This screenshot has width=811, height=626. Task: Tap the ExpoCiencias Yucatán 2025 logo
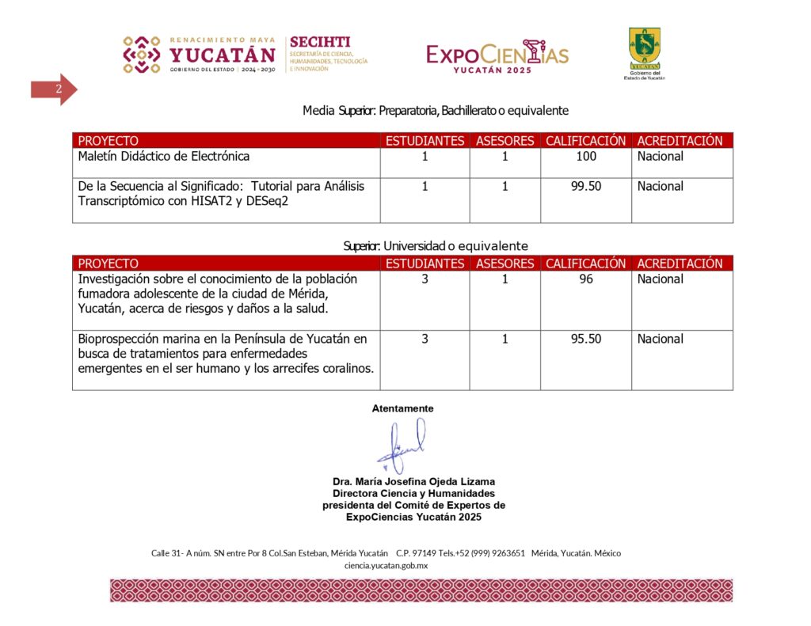click(497, 55)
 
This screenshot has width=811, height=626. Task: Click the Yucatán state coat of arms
click(644, 49)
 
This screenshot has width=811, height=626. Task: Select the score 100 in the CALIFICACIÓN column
click(586, 157)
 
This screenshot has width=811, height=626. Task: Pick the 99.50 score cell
click(586, 187)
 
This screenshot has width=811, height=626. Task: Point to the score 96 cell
click(586, 279)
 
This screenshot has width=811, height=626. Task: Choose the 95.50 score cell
click(586, 340)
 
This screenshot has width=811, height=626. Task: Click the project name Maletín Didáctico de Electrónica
click(164, 157)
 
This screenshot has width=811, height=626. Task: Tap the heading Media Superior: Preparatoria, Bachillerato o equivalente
click(435, 111)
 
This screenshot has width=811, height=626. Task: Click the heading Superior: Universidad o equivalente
click(435, 246)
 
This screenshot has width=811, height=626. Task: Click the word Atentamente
click(402, 408)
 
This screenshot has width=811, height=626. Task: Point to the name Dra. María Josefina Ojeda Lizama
click(413, 481)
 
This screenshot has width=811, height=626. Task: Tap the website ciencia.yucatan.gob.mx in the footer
click(386, 565)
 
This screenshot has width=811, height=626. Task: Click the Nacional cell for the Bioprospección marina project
click(660, 340)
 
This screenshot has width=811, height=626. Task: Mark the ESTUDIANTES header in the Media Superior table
click(425, 141)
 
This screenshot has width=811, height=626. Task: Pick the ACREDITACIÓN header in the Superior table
click(680, 264)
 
